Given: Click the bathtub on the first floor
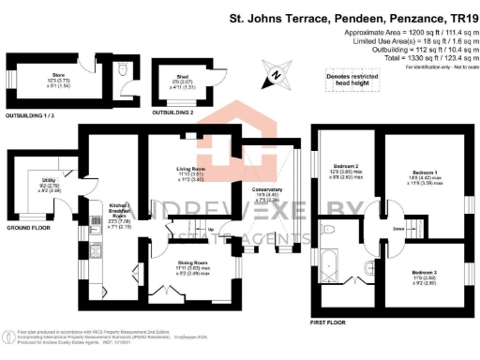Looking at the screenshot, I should pyautogui.click(x=333, y=261).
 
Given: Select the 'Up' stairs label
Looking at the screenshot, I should pyautogui.click(x=210, y=229).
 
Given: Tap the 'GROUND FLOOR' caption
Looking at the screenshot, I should pyautogui.click(x=27, y=228).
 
